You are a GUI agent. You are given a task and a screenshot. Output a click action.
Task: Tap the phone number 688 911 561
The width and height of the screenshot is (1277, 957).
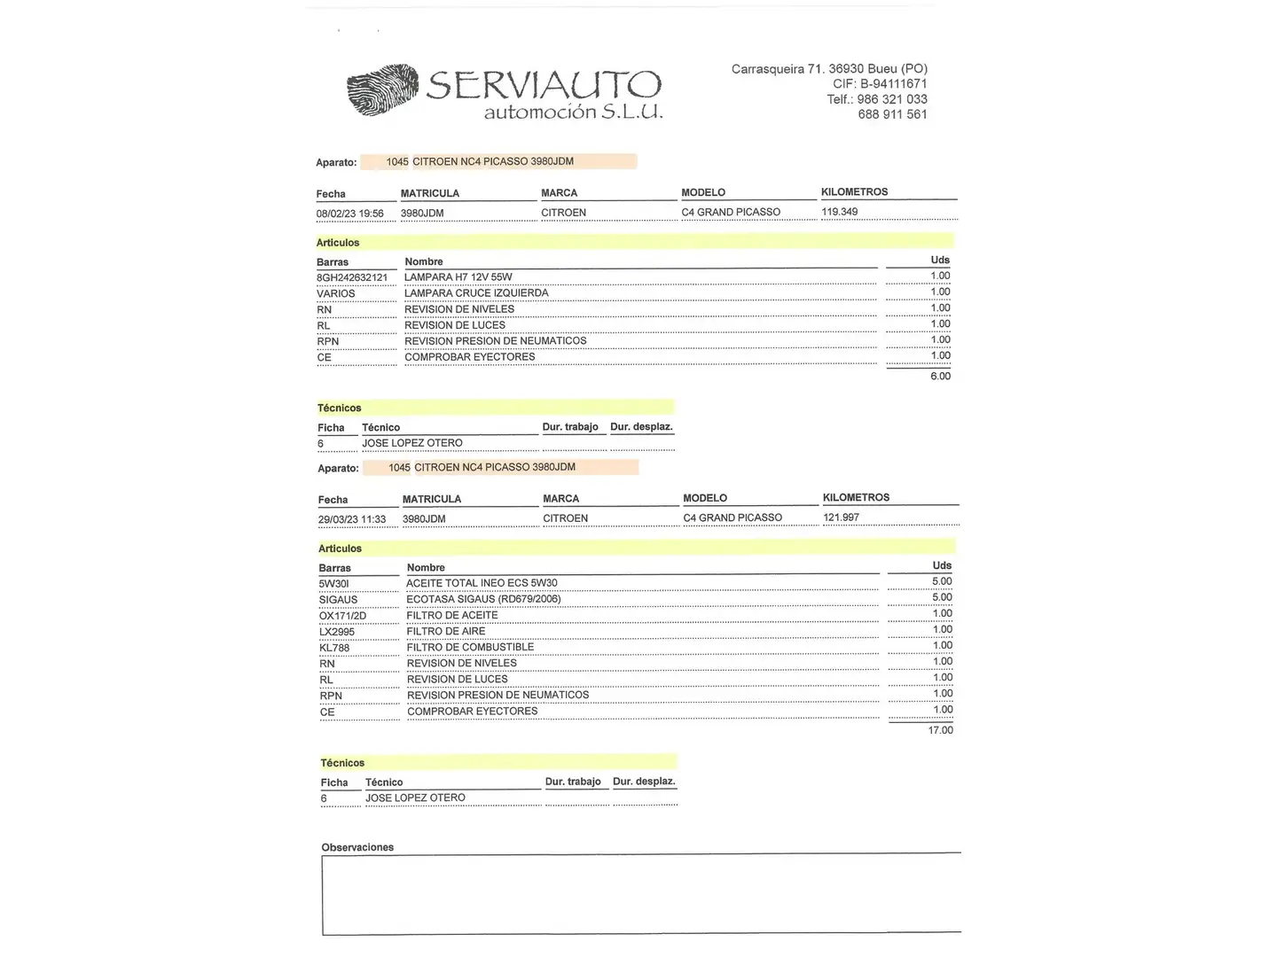(x=892, y=114)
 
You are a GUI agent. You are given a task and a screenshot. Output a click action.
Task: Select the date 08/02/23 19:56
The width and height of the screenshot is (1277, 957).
(x=350, y=214)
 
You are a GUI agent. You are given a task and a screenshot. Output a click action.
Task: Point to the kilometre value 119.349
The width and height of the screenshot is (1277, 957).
(x=840, y=212)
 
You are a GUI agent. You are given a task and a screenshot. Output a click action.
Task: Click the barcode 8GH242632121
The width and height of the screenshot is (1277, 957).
(x=352, y=277)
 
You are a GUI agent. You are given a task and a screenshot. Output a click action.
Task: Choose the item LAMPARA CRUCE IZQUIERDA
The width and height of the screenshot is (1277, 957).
(x=476, y=293)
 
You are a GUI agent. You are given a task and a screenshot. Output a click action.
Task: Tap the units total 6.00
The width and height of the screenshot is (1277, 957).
(x=940, y=377)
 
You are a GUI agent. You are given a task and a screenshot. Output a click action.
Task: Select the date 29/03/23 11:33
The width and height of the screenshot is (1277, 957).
(x=352, y=519)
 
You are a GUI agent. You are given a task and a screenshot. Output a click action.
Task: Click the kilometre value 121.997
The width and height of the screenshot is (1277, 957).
(x=841, y=517)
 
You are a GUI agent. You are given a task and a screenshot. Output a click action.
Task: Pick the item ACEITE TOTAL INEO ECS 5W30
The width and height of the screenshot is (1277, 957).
(x=482, y=583)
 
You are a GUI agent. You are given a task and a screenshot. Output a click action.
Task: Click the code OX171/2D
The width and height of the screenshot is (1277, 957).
(x=342, y=616)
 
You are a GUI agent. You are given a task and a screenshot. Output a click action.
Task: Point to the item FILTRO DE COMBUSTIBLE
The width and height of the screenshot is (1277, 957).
(x=470, y=647)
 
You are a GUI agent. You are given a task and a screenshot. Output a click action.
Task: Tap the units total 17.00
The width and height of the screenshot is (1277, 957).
(x=940, y=730)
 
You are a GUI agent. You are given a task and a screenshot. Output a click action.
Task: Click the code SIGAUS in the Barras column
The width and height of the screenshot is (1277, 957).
(x=338, y=600)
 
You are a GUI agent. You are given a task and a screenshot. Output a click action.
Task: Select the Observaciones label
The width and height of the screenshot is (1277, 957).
(x=357, y=847)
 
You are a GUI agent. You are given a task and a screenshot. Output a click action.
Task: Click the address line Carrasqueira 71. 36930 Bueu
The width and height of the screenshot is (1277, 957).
(x=829, y=69)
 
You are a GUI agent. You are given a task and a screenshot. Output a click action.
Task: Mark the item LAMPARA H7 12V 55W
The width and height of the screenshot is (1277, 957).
(x=458, y=277)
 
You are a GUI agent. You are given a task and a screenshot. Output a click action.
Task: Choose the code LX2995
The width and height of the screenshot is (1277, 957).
(x=337, y=632)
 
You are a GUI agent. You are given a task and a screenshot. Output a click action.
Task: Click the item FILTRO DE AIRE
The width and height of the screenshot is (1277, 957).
(x=446, y=631)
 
